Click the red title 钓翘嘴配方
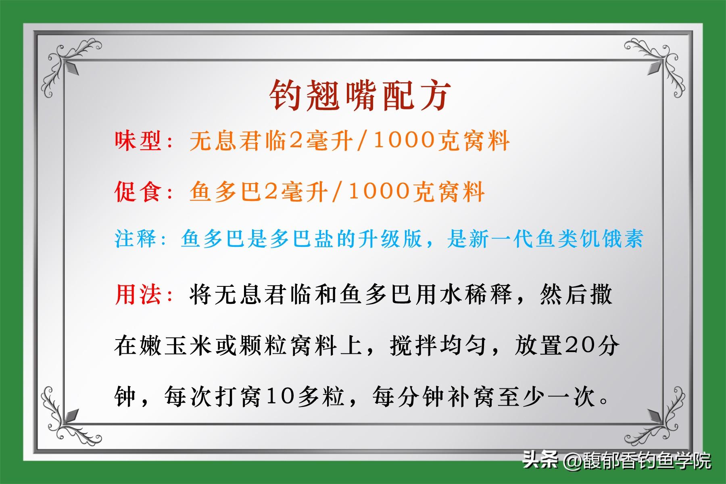360,95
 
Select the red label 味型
138,141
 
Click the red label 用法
138,294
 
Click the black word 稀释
487,294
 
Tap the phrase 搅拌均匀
438,346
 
